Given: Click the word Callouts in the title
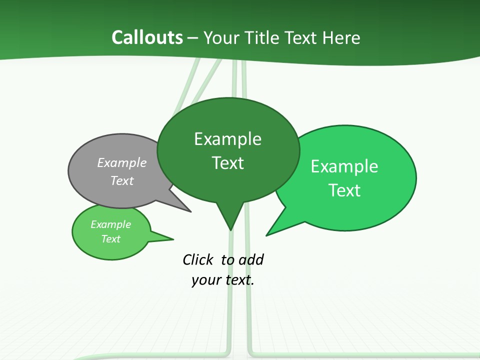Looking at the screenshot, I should [x=147, y=37].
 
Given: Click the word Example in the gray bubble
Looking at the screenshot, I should [x=122, y=162].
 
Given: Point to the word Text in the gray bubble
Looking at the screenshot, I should [x=122, y=180].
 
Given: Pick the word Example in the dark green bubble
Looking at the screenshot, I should [x=227, y=139].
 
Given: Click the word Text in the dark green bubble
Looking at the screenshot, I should [x=228, y=163].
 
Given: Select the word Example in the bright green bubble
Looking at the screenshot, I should [x=344, y=166].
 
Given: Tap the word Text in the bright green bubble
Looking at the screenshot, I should [x=344, y=190].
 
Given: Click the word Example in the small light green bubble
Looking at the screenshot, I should [x=110, y=224].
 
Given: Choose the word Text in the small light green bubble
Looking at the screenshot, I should [x=110, y=239].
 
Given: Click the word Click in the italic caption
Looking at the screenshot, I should [x=197, y=259].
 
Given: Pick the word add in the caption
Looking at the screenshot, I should [x=251, y=259].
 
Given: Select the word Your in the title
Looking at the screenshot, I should [x=222, y=37].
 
